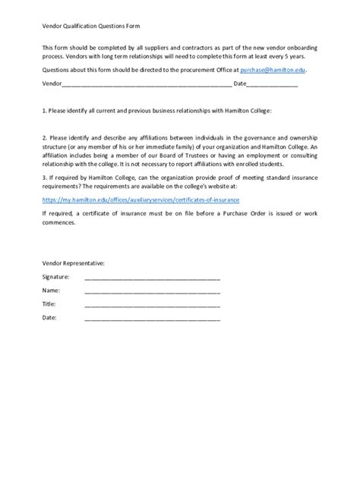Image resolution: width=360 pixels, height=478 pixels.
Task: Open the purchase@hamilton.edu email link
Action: click(273, 69)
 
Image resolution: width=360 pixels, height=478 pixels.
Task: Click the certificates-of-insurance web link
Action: click(141, 200)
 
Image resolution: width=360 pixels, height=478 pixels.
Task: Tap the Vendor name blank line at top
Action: click(144, 84)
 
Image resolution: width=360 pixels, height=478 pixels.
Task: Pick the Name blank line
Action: click(152, 291)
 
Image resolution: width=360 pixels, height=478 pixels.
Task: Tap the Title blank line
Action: click(152, 305)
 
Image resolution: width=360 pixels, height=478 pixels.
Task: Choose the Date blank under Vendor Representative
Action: click(152, 319)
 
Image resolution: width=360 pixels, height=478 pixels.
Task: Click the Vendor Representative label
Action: click(74, 263)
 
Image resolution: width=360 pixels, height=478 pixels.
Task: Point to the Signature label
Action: click(56, 277)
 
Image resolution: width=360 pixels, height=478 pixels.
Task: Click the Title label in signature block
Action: click(49, 304)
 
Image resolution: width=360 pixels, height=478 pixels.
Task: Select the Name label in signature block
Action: click(51, 291)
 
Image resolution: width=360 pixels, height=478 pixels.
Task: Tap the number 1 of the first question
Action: click(44, 111)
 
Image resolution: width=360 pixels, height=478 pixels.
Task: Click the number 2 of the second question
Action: click(44, 137)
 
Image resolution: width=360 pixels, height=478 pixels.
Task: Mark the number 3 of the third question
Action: click(44, 175)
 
